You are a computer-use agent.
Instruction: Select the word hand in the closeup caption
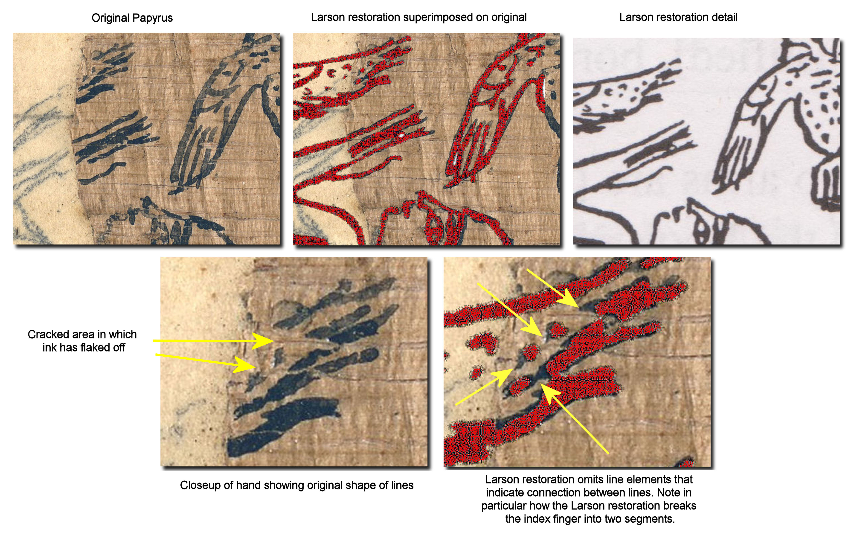pyautogui.click(x=249, y=485)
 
